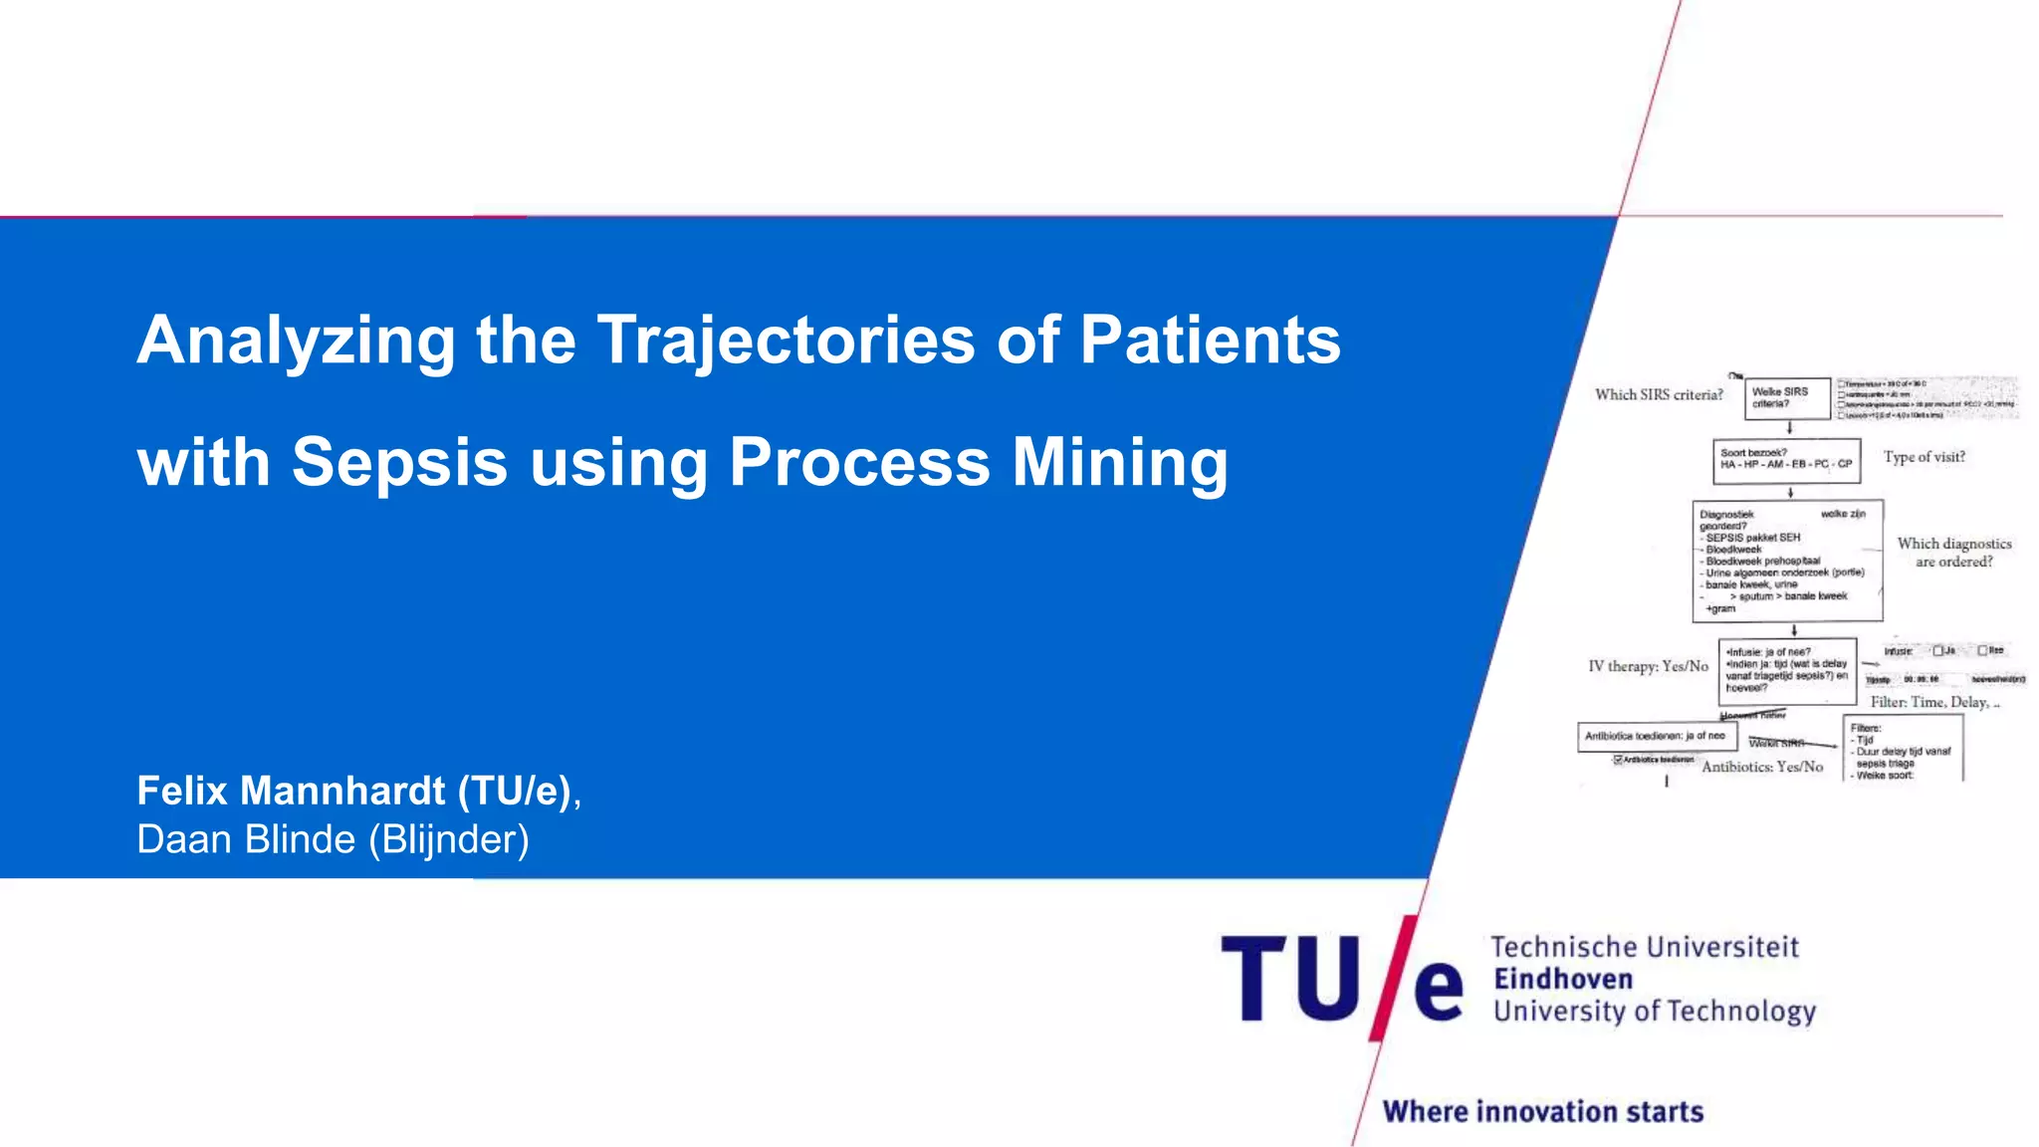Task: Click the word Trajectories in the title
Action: coord(786,342)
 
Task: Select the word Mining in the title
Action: coord(1120,462)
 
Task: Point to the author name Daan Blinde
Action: coord(246,839)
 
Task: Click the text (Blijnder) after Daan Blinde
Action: coord(449,839)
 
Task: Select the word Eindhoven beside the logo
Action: coord(1563,979)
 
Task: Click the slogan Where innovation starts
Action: coord(1543,1111)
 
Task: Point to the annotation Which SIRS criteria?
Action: coord(1659,395)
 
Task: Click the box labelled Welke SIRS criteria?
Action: coord(1787,397)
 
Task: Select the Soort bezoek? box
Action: coord(1786,460)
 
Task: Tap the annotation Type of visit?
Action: coord(1924,457)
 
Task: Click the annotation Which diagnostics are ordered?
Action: coord(1953,553)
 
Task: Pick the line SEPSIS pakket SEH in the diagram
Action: coord(1753,538)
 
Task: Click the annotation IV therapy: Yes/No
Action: coord(1648,666)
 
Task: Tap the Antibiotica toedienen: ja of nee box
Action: coord(1657,736)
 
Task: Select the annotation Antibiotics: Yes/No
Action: coord(1762,767)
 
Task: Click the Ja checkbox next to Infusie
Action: coord(1937,650)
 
